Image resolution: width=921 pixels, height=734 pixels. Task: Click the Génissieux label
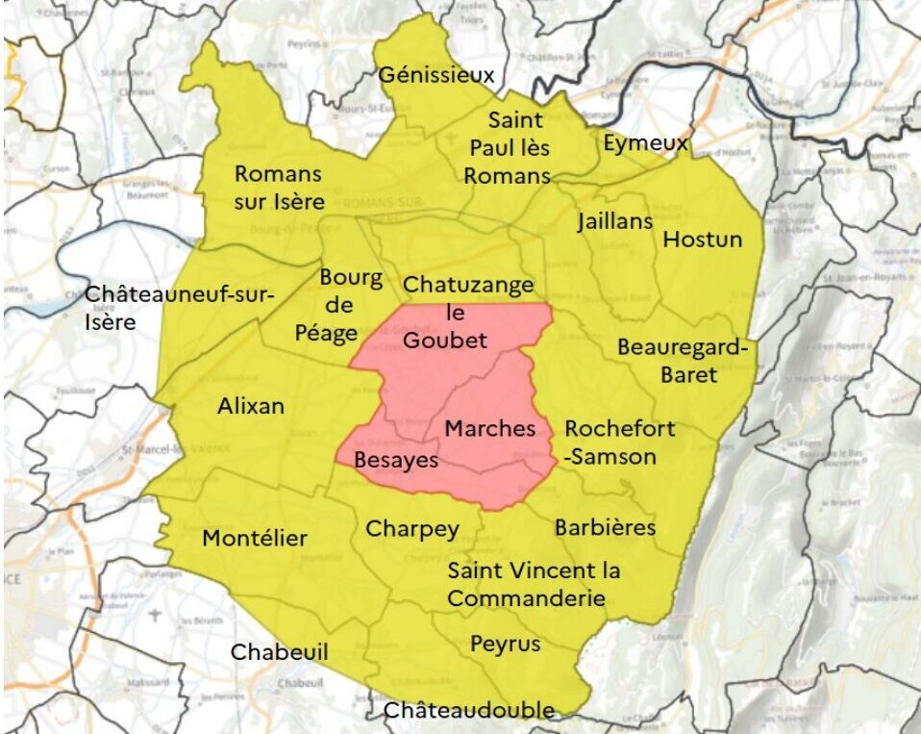click(436, 75)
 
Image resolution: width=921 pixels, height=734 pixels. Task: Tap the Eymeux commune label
click(645, 144)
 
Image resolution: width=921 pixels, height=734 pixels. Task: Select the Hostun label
click(702, 239)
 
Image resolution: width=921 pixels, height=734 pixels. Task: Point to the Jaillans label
click(615, 221)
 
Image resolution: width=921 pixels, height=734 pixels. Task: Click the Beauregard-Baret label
click(682, 360)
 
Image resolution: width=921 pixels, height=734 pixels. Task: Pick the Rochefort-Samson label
click(619, 443)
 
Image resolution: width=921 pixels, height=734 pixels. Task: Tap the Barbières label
click(605, 527)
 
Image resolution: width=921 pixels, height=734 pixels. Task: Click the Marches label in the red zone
click(489, 428)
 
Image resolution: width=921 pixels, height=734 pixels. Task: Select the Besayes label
click(396, 460)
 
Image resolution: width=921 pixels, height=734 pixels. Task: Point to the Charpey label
click(411, 528)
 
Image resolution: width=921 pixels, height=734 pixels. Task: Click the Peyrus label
click(505, 644)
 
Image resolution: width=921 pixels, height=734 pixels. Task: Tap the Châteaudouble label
click(468, 711)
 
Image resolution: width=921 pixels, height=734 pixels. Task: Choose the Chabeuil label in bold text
click(279, 652)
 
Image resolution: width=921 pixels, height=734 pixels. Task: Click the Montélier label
click(255, 538)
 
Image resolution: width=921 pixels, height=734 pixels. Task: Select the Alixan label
click(251, 406)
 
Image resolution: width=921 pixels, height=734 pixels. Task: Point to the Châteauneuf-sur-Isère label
click(180, 308)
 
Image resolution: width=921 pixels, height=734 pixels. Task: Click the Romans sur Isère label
click(280, 188)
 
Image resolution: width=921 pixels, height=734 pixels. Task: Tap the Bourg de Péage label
click(351, 306)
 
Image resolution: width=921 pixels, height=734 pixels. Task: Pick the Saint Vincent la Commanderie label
click(534, 584)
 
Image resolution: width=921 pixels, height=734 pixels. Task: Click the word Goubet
click(445, 340)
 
